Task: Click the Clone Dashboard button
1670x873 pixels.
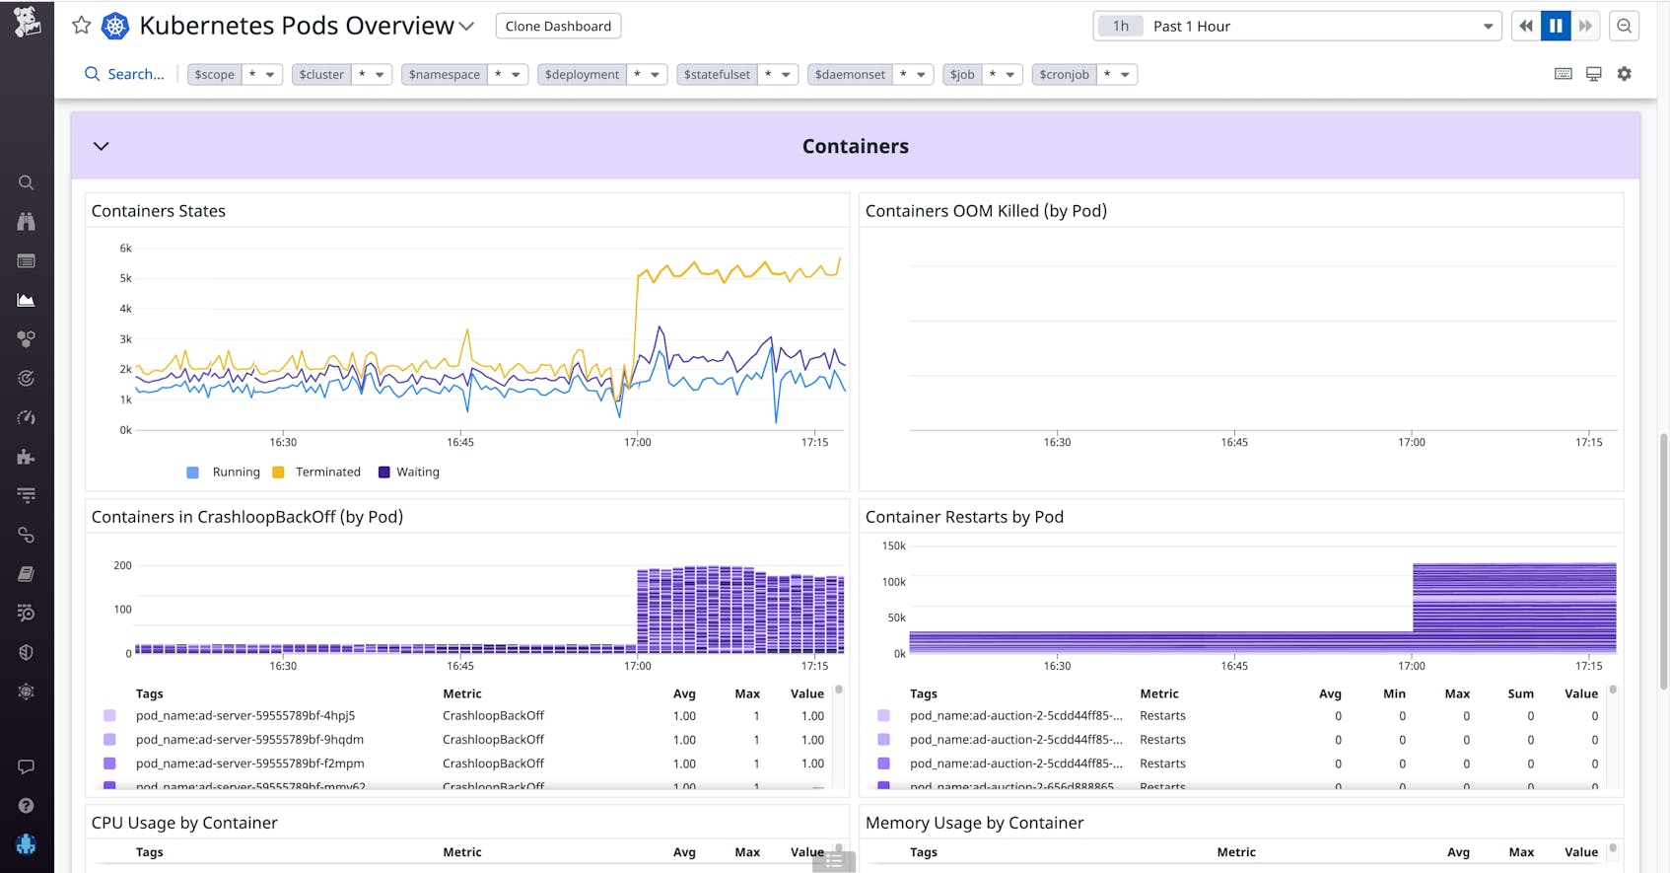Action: [558, 26]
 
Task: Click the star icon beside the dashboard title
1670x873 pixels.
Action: [82, 26]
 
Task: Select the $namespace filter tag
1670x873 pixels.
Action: [445, 74]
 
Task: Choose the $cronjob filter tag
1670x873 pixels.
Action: [1064, 74]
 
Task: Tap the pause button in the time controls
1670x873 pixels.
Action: [1556, 26]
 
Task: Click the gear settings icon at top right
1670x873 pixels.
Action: [1625, 74]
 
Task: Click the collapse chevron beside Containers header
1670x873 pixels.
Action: [101, 146]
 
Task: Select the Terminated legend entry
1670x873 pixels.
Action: [327, 473]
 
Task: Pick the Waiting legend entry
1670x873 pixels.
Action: [417, 473]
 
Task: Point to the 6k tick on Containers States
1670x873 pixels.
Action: [125, 249]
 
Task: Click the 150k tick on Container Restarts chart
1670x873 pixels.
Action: [893, 546]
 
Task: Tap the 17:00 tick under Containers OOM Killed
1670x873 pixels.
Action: [1411, 442]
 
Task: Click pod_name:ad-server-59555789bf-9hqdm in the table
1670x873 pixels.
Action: [249, 740]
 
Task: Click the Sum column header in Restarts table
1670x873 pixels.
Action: [1520, 693]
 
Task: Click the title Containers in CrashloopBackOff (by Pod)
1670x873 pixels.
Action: [247, 517]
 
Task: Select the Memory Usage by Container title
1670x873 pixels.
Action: [974, 823]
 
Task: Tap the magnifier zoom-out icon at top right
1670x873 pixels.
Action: [1624, 26]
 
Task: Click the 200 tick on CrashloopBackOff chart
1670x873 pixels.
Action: [122, 565]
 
